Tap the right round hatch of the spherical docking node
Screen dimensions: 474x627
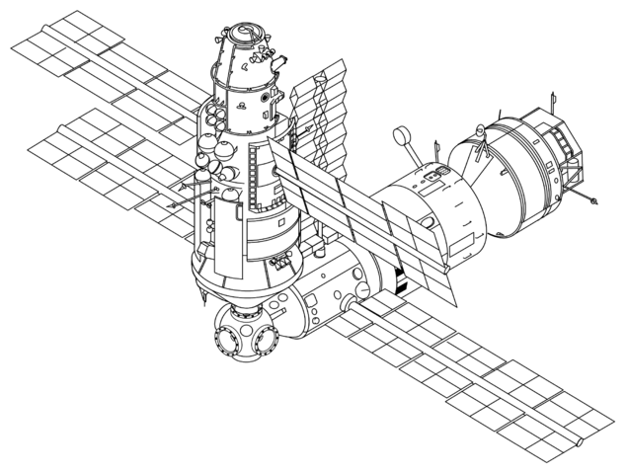pyautogui.click(x=266, y=342)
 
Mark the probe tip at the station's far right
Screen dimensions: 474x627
pyautogui.click(x=595, y=201)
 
